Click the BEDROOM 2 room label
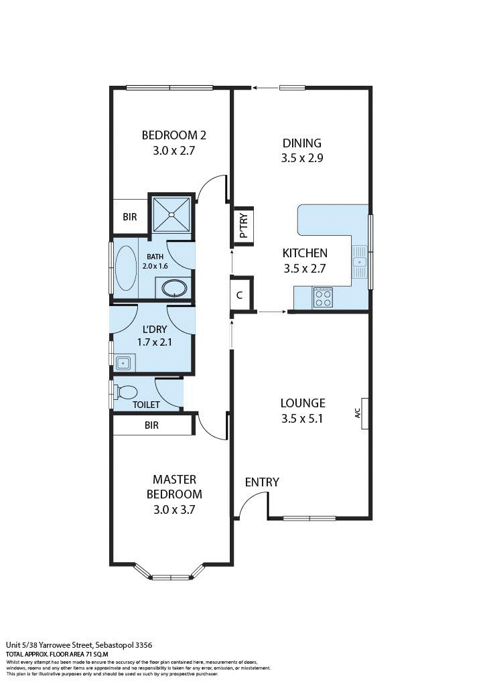coord(174,135)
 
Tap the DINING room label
coord(301,143)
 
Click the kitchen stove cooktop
coord(323,297)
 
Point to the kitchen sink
coord(360,262)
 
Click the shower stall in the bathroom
coord(171,214)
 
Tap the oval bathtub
coord(125,267)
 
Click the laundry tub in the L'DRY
coord(123,363)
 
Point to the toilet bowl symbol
coord(127,391)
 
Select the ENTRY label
coord(262,482)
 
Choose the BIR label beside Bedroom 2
coord(129,217)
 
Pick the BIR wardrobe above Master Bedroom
coord(152,425)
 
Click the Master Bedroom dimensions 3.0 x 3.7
coord(174,509)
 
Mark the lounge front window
coord(309,518)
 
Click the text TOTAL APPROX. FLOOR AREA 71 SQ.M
coord(57,653)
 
